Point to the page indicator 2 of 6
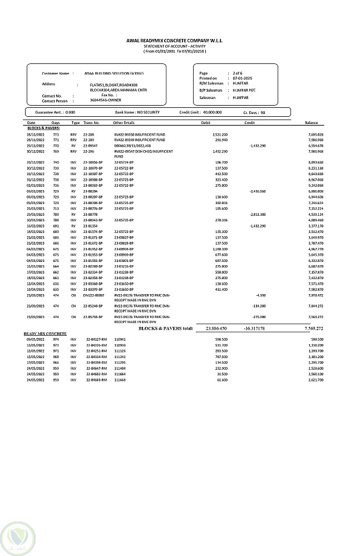(x=238, y=73)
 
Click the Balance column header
(x=311, y=122)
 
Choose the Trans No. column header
(x=91, y=122)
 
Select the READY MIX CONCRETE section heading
(x=45, y=334)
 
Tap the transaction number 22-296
(x=88, y=151)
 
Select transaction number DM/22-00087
(x=93, y=295)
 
